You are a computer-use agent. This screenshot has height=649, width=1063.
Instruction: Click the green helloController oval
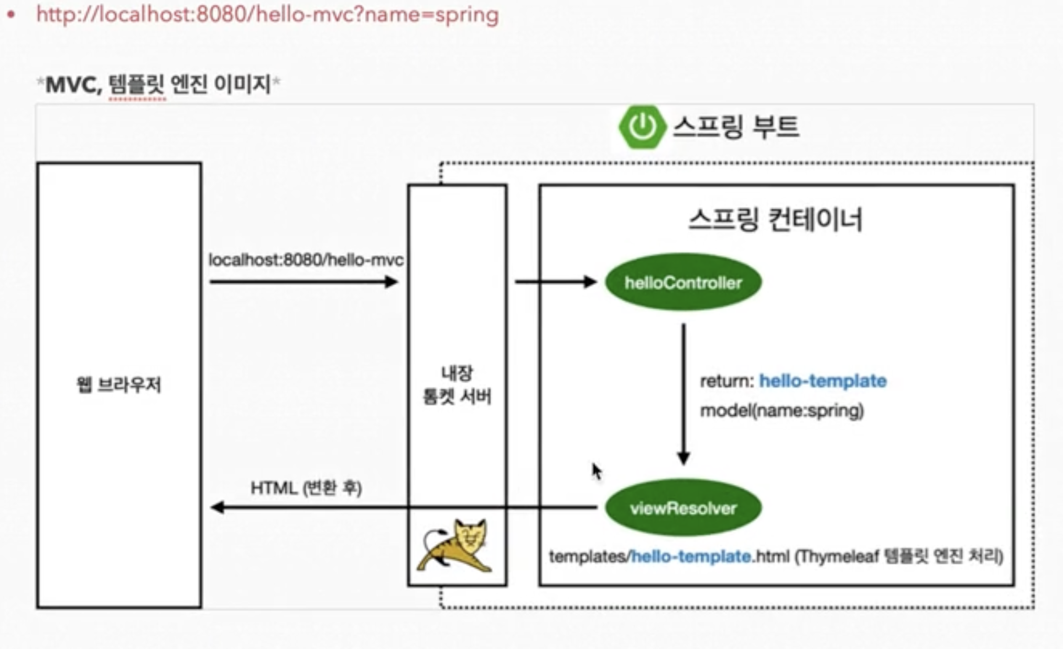pos(683,283)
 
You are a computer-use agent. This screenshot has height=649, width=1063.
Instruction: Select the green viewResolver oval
pos(683,507)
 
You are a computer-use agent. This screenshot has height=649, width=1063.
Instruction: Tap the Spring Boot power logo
pos(642,127)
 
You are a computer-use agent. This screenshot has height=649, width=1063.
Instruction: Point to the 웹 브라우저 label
pos(119,385)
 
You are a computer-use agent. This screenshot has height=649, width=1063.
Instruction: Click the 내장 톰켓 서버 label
pos(457,385)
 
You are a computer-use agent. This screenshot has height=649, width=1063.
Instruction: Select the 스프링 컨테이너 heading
pos(775,220)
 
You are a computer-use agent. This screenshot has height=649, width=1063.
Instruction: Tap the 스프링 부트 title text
pos(736,127)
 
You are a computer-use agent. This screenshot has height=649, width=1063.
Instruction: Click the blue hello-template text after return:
pos(822,381)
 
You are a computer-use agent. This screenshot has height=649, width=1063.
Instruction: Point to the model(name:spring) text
pos(782,410)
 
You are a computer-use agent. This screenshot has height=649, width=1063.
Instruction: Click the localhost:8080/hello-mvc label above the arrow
pos(306,259)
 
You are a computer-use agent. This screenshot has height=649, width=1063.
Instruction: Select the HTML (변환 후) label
pos(306,488)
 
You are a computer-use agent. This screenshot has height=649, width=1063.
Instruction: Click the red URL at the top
pos(267,14)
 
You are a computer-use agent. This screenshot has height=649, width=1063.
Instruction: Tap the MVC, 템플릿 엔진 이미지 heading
pos(158,84)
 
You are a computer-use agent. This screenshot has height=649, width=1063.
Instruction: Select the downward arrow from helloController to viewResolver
pos(683,393)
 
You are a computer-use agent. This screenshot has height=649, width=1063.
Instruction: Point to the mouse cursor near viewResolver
pos(596,471)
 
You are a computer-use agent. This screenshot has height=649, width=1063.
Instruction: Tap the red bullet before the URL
pos(11,14)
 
